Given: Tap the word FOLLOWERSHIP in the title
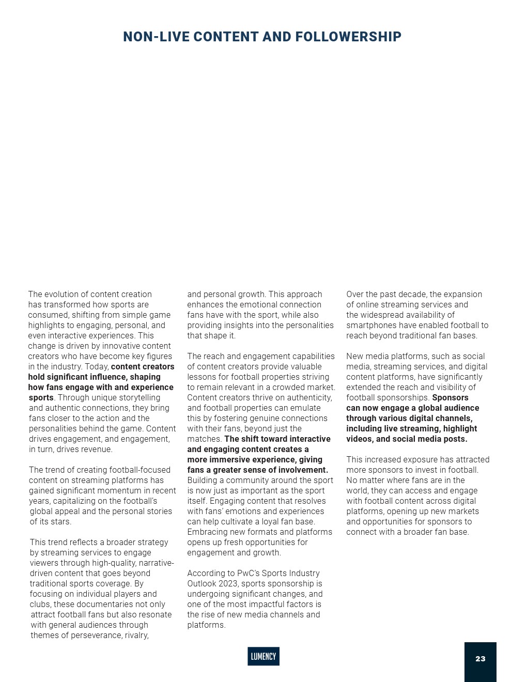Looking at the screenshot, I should [x=349, y=37].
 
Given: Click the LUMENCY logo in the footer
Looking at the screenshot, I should [x=263, y=656].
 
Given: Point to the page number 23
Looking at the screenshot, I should [x=481, y=659].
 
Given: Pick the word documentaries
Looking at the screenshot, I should [x=103, y=604].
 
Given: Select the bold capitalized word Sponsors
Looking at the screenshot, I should [x=450, y=397].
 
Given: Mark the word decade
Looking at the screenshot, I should [x=411, y=294].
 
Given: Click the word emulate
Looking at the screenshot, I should [x=305, y=408].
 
